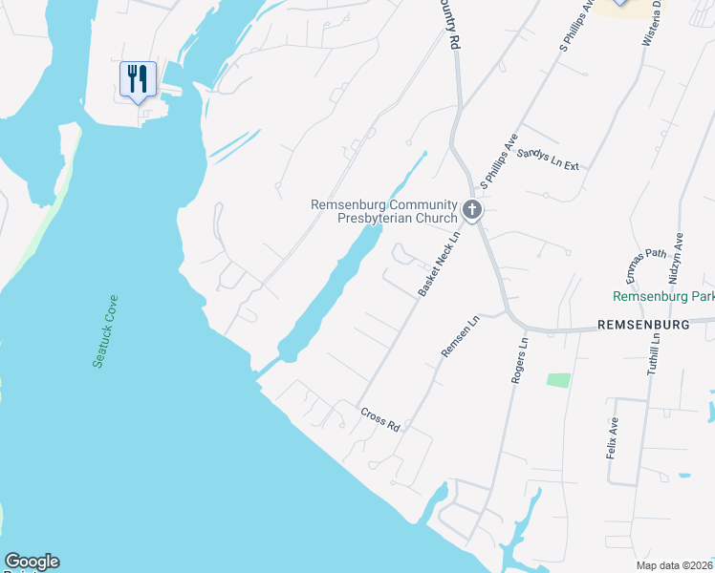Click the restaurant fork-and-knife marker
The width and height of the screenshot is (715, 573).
pyautogui.click(x=138, y=80)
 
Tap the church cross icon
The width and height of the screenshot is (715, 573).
pyautogui.click(x=471, y=209)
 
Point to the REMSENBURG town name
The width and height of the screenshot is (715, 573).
pyautogui.click(x=642, y=325)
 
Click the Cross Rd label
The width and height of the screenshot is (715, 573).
pyautogui.click(x=379, y=418)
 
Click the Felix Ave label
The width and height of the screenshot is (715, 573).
pyautogui.click(x=613, y=438)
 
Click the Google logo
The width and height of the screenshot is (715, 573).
pyautogui.click(x=32, y=562)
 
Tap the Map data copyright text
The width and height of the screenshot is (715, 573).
pyautogui.click(x=672, y=565)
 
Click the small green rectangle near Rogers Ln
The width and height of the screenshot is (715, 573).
pyautogui.click(x=558, y=379)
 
